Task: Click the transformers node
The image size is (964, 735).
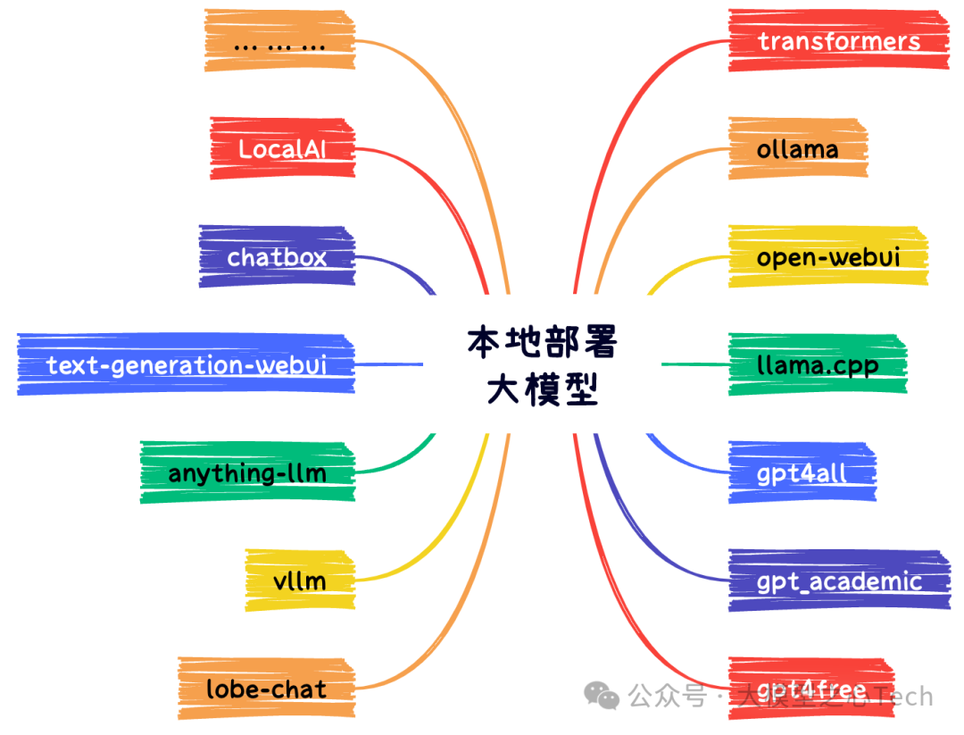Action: (x=838, y=41)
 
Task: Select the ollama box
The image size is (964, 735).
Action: (x=797, y=148)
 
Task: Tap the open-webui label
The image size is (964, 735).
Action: (x=827, y=257)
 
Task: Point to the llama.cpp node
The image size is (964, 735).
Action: (x=817, y=364)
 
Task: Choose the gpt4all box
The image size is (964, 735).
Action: (x=801, y=472)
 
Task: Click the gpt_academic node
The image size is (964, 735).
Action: (x=838, y=581)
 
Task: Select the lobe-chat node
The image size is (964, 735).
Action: (x=266, y=689)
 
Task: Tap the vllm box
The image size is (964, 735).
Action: (x=299, y=581)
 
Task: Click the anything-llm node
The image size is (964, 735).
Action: (x=247, y=472)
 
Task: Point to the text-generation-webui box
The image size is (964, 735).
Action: (x=186, y=364)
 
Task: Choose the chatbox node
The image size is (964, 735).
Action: (x=277, y=257)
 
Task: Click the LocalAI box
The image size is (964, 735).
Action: (x=282, y=148)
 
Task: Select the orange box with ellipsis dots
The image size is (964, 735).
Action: (x=278, y=41)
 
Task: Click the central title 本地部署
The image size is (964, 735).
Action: (x=542, y=342)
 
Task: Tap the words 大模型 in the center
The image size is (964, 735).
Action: (x=542, y=390)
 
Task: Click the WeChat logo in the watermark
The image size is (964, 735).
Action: (x=601, y=696)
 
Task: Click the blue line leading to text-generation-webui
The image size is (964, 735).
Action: (x=388, y=364)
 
